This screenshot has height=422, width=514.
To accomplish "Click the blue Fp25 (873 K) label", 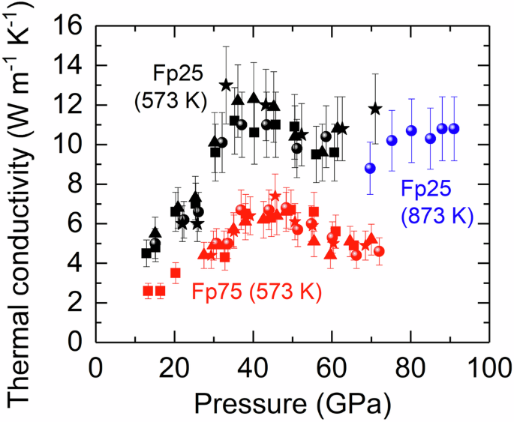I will point(436,202).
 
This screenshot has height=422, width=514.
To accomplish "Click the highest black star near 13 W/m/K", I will point(226,85).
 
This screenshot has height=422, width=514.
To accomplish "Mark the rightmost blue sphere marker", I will point(453,129).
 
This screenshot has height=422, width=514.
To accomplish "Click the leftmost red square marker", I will point(148,290).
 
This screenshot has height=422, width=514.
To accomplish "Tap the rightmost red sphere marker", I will point(379,251).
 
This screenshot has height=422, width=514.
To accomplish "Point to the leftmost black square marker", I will point(146,253).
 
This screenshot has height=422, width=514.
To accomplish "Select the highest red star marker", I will point(275,196).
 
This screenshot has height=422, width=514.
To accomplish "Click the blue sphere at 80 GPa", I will point(411,130).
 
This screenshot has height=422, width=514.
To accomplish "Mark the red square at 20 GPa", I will point(176,273).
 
